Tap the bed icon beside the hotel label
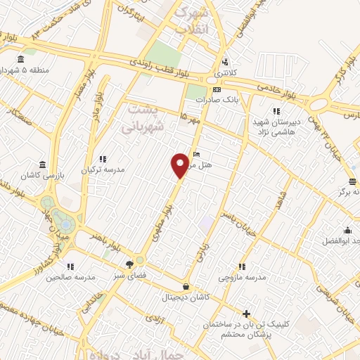196,154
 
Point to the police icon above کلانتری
225,61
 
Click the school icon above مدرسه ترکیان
103,160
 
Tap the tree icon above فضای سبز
130,265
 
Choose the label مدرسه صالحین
70,277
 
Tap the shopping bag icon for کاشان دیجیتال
186,286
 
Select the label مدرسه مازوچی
242,277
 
